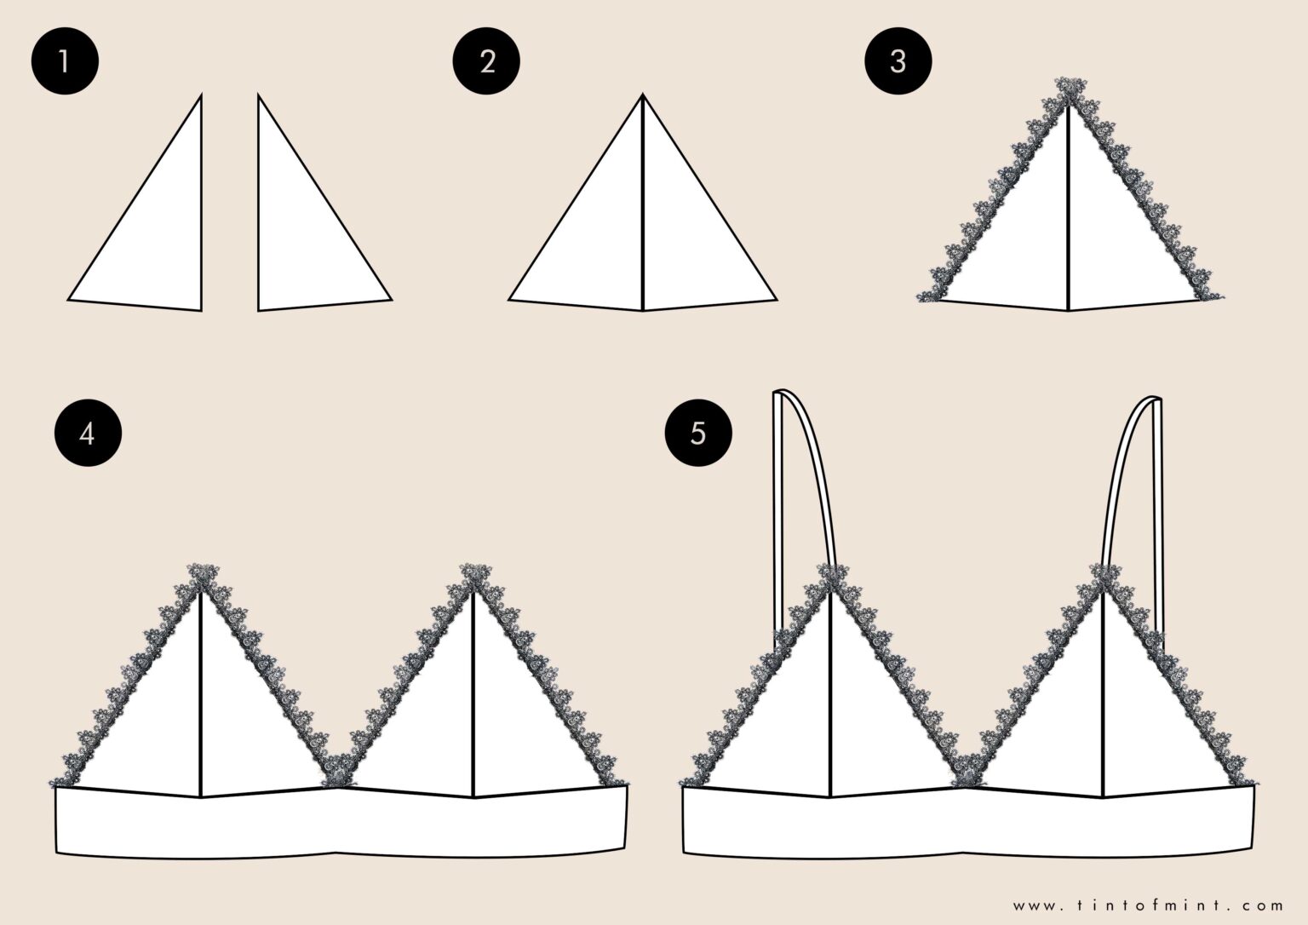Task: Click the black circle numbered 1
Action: [65, 61]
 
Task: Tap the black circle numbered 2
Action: [487, 61]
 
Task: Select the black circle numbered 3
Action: [898, 61]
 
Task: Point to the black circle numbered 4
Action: [87, 434]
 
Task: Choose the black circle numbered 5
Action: [698, 434]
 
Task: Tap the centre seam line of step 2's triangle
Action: [642, 204]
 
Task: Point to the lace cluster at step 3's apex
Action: [1070, 89]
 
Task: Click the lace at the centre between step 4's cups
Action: [337, 769]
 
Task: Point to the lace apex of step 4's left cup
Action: [201, 575]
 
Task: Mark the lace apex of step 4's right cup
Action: [472, 575]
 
